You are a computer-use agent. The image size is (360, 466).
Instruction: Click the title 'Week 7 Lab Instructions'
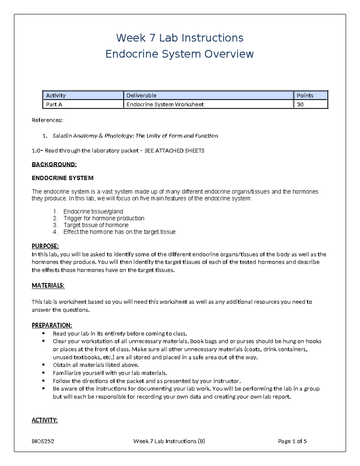(x=180, y=38)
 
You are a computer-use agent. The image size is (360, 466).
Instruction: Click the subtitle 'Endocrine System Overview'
(x=180, y=54)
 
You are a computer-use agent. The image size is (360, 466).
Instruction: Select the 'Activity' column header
(x=56, y=95)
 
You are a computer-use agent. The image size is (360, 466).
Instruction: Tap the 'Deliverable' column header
(x=141, y=95)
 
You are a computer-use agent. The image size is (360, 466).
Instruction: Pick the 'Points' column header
(x=305, y=95)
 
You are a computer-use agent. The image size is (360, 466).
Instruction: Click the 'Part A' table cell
(x=54, y=104)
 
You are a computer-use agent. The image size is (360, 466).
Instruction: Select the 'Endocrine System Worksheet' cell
(x=165, y=104)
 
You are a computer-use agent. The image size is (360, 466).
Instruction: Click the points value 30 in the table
(x=300, y=104)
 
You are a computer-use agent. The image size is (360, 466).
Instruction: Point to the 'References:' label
(x=47, y=120)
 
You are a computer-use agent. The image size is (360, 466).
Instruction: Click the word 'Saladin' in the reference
(x=62, y=136)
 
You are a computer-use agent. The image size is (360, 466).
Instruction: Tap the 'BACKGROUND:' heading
(x=54, y=164)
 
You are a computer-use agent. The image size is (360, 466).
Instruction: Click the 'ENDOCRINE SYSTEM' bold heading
(x=62, y=178)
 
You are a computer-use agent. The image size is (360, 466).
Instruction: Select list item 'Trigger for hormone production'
(x=104, y=218)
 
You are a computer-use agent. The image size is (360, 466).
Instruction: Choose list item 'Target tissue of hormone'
(x=96, y=225)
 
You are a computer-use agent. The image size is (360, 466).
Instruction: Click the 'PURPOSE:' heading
(x=45, y=246)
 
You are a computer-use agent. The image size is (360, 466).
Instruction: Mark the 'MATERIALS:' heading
(x=48, y=286)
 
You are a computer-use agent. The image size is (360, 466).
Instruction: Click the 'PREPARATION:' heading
(x=52, y=326)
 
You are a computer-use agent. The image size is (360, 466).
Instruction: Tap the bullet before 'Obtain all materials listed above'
(x=44, y=365)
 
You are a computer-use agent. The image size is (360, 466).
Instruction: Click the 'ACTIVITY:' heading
(x=45, y=420)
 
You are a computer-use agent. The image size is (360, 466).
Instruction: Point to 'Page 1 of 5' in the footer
(x=292, y=441)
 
